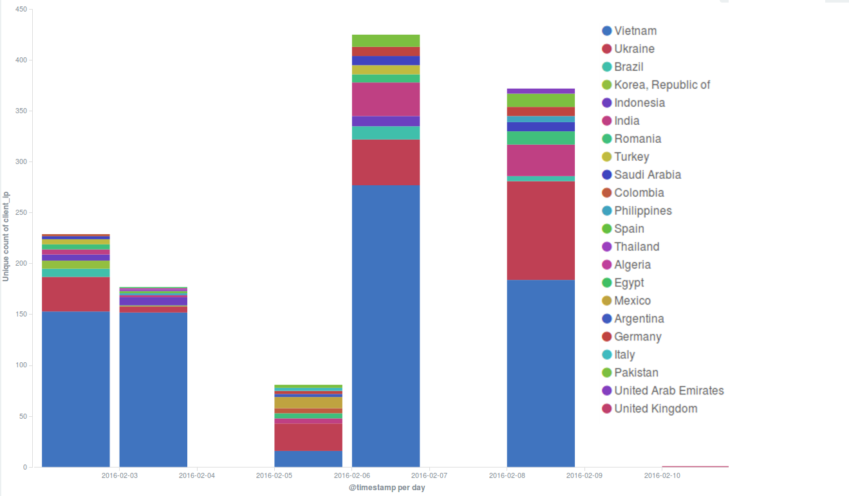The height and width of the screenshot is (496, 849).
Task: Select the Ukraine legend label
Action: [633, 49]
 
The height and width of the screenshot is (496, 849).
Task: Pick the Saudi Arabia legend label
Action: [647, 175]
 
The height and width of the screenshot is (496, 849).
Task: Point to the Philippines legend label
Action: [642, 211]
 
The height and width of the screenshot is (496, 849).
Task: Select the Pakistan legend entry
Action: [635, 373]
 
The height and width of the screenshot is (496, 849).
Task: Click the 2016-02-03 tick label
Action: [120, 476]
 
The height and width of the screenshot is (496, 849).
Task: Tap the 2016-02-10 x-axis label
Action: [662, 476]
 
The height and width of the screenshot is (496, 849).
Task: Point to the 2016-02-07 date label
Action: [429, 476]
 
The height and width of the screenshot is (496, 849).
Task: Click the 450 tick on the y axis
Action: [20, 10]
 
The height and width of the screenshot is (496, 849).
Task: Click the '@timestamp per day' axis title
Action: [387, 488]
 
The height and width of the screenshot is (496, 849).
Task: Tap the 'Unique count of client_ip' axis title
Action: [6, 236]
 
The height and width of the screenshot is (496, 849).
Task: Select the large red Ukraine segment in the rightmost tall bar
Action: [541, 230]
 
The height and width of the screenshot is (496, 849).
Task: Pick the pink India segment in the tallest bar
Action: [386, 99]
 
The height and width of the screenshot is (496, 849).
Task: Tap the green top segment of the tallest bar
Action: [386, 41]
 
